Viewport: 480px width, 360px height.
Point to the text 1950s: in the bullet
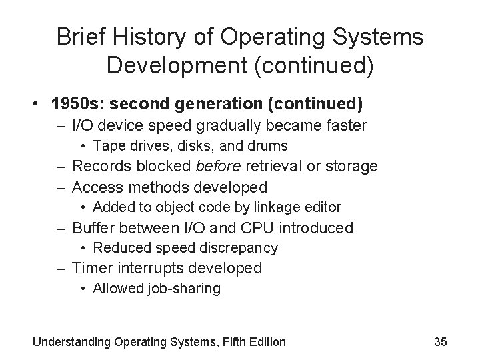[x=79, y=105]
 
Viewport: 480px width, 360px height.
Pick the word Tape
[x=107, y=145]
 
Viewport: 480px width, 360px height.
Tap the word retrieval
[x=275, y=166]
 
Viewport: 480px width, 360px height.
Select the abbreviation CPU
[x=257, y=228]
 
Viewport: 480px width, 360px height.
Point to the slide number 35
[x=441, y=342]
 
